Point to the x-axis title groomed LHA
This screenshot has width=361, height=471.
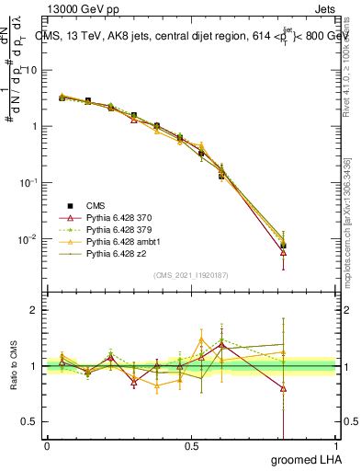[x=303, y=459]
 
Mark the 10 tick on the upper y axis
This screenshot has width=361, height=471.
[x=31, y=70]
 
